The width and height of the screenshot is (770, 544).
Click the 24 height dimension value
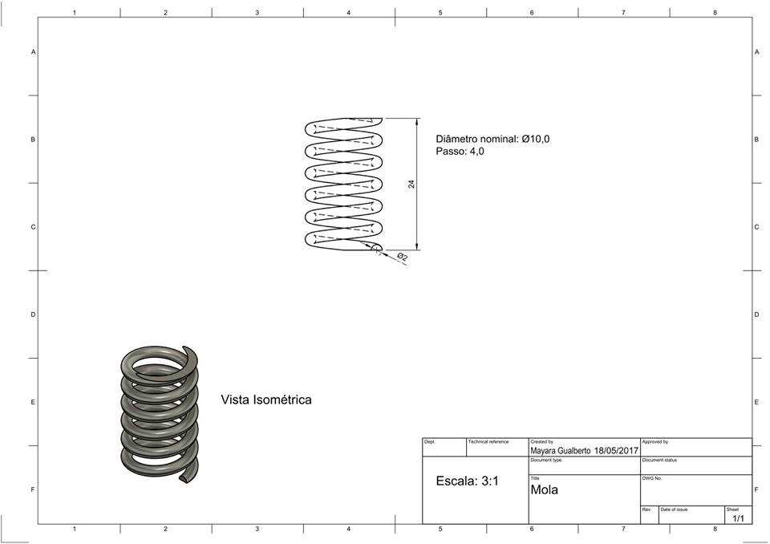(x=411, y=184)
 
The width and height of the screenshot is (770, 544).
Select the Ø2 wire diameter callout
(x=402, y=257)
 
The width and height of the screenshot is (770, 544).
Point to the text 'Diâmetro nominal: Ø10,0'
(x=492, y=139)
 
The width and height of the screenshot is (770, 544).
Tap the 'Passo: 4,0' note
(x=460, y=152)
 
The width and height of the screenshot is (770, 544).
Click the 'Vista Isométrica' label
(x=266, y=400)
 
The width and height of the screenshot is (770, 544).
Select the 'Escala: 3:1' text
(x=467, y=481)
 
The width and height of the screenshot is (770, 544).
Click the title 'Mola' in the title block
(x=544, y=489)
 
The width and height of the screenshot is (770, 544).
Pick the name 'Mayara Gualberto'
(x=561, y=451)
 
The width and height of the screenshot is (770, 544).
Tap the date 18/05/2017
(x=616, y=451)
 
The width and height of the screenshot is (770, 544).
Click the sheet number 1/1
(x=738, y=518)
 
